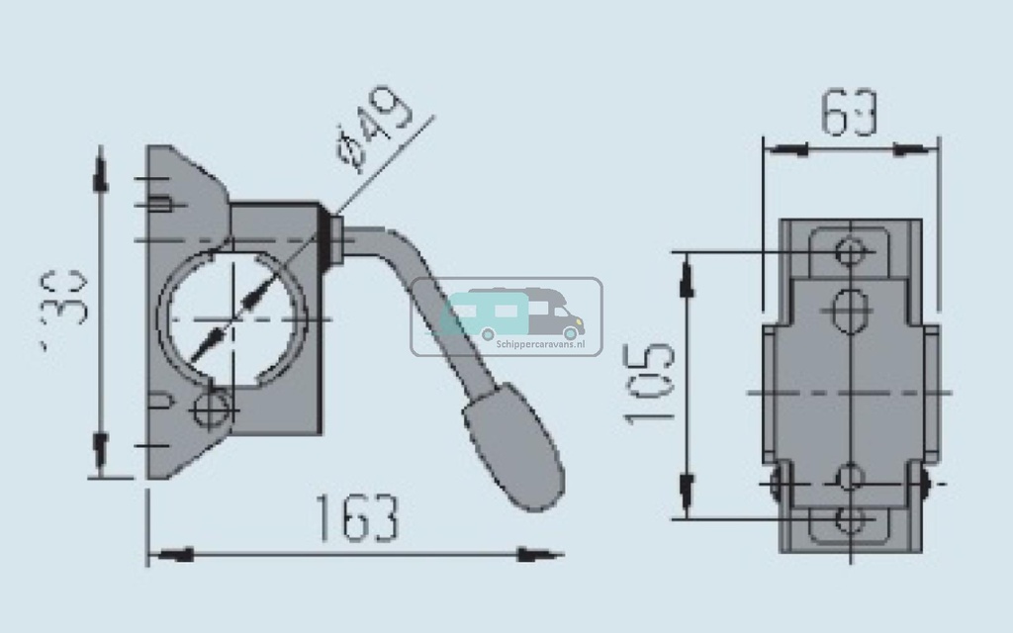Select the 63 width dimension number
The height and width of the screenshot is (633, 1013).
click(850, 114)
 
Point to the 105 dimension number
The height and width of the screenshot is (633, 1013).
click(649, 383)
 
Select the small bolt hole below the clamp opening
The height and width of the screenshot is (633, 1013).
click(214, 407)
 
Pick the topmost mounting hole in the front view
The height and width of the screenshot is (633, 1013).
click(849, 250)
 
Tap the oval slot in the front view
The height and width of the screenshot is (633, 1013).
click(850, 310)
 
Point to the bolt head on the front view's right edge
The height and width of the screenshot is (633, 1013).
click(925, 484)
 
